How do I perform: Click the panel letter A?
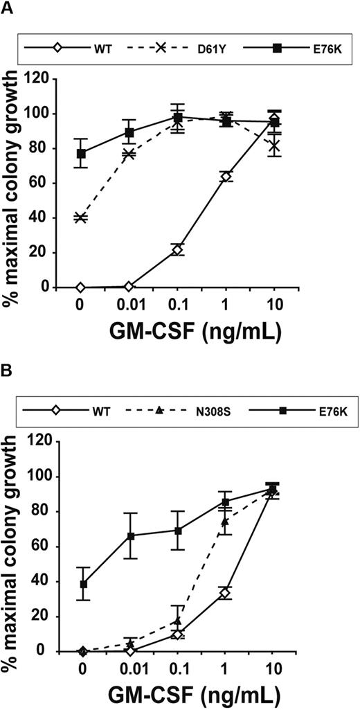coord(8,8)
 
